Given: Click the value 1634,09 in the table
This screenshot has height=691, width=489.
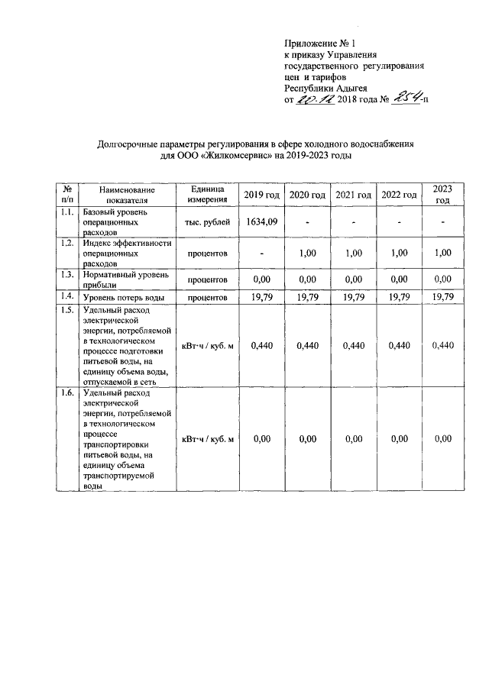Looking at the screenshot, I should [x=261, y=222].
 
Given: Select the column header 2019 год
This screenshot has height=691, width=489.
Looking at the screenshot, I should [x=261, y=195].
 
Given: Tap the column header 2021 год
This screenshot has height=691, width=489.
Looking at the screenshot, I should [x=353, y=195].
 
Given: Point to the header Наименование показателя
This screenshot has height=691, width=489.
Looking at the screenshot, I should [x=127, y=195].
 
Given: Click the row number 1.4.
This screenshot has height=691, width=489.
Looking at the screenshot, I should [x=67, y=295].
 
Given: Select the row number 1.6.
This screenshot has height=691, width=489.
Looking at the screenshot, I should [x=67, y=393].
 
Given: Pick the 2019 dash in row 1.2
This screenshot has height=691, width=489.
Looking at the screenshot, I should [x=261, y=253].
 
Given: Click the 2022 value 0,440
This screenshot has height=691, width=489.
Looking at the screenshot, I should [x=399, y=345].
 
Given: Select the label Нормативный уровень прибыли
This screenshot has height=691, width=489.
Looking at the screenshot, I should [x=125, y=279].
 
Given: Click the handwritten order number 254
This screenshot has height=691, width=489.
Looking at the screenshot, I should [x=404, y=98].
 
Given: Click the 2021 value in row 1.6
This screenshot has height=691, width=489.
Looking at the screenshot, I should [x=353, y=439].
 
